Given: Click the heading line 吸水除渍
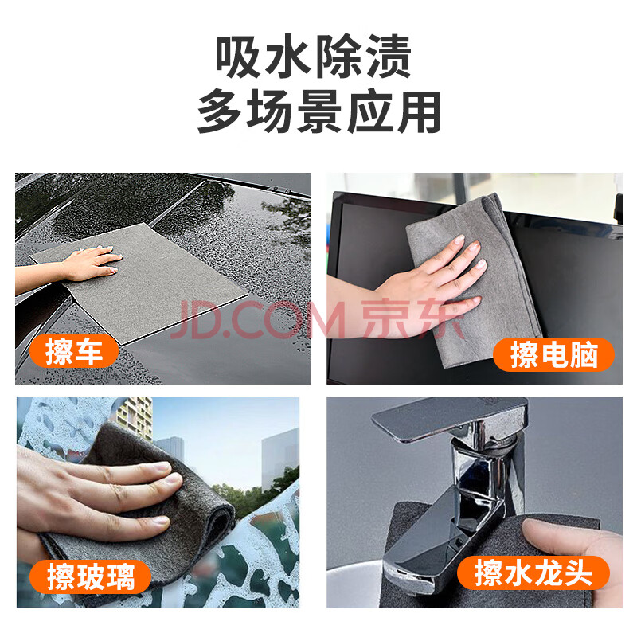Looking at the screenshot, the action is pyautogui.click(x=313, y=57).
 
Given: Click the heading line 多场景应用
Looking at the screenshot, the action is pyautogui.click(x=319, y=111).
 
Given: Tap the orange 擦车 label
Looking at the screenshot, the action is pyautogui.click(x=74, y=351).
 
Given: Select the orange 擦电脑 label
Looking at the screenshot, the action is pyautogui.click(x=553, y=354).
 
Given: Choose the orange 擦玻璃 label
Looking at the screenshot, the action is pyautogui.click(x=90, y=576).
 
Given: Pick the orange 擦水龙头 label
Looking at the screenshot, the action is pyautogui.click(x=533, y=573).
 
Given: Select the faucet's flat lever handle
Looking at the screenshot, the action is pyautogui.click(x=449, y=419).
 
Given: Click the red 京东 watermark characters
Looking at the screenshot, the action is pyautogui.click(x=412, y=319).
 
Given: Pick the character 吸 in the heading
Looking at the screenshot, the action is pyautogui.click(x=237, y=57).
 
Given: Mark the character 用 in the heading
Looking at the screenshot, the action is pyautogui.click(x=420, y=111).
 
